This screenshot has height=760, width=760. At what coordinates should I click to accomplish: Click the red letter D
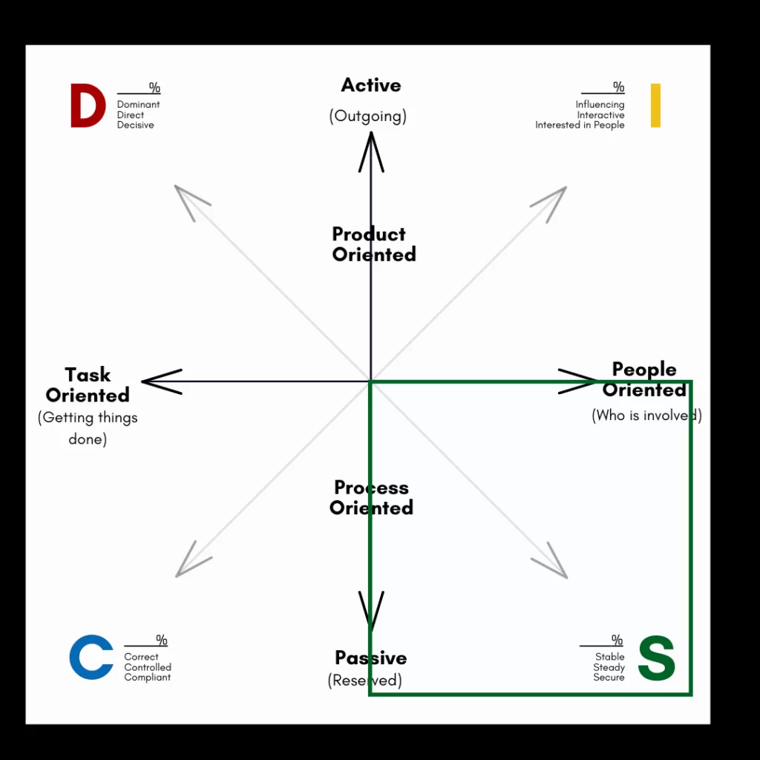(87, 106)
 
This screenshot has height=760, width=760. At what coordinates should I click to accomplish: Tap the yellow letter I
(655, 105)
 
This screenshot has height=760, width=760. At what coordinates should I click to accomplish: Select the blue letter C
(91, 657)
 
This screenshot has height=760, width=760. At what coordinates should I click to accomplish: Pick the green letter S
(657, 658)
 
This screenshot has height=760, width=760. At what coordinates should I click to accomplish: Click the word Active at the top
(371, 85)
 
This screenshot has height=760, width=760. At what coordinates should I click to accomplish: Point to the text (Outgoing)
(368, 117)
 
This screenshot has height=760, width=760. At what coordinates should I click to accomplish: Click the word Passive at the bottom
(371, 658)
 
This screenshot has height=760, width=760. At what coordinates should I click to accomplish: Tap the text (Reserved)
(365, 681)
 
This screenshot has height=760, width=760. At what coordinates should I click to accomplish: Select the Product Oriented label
(373, 244)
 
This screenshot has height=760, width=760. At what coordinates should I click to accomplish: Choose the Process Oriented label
(372, 498)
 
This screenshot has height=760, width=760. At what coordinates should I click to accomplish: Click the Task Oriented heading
(88, 384)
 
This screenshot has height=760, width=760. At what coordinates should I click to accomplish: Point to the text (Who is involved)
(646, 416)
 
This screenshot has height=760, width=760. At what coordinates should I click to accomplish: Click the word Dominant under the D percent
(138, 105)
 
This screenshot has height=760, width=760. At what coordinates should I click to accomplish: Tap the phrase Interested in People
(580, 125)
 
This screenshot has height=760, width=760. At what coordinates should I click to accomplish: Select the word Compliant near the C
(148, 678)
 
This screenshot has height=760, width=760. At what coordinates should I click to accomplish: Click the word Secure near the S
(609, 678)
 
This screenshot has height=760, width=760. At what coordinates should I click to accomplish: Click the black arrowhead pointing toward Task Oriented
(160, 381)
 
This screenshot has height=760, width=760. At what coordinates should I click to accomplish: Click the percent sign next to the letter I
(618, 88)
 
